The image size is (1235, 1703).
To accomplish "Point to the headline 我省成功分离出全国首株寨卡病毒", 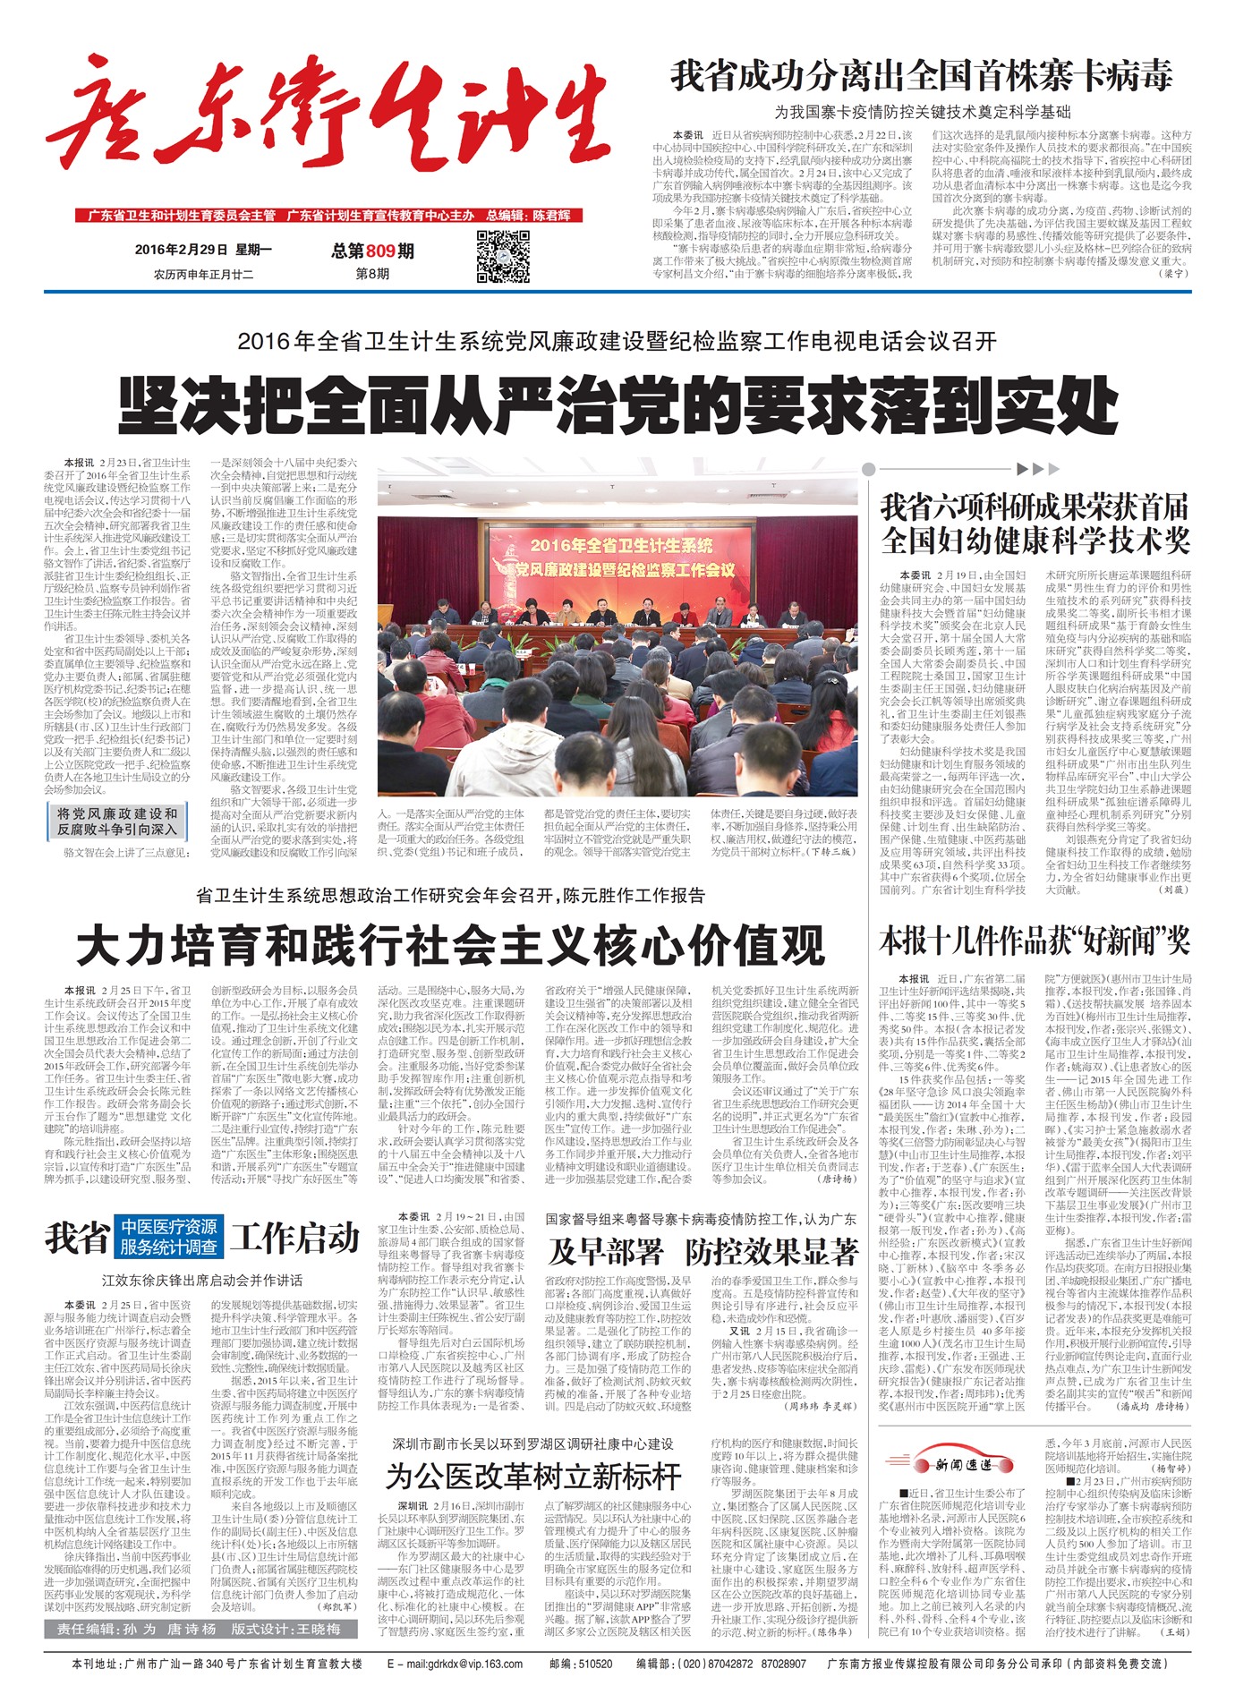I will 921,76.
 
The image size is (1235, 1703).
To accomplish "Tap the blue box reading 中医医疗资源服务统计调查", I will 169,1237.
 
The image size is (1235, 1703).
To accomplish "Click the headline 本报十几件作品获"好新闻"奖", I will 1035,942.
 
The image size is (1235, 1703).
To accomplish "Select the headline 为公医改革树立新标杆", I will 533,1475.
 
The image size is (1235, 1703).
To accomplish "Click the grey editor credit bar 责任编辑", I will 200,1629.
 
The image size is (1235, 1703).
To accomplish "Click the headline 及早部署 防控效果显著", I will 703,1250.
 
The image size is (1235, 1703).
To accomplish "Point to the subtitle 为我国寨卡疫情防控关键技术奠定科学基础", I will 922,112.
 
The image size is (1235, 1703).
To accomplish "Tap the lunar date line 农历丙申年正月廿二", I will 203,275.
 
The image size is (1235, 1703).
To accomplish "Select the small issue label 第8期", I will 372,274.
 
